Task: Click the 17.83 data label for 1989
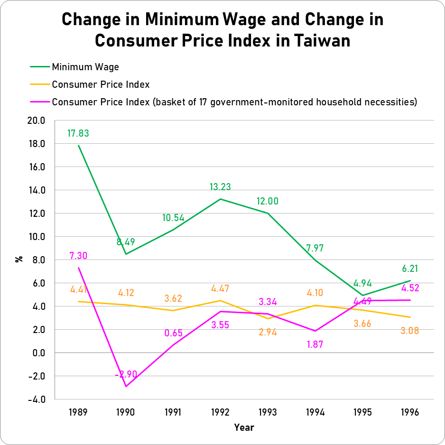[78, 134]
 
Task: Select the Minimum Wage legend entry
[85, 66]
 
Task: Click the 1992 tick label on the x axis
[220, 412]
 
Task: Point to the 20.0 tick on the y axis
[36, 121]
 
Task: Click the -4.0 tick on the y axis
[36, 399]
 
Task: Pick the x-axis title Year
[244, 427]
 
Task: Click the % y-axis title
[19, 259]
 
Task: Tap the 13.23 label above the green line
[220, 187]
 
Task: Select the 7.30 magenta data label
[78, 256]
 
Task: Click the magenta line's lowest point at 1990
[126, 386]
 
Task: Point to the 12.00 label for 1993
[268, 201]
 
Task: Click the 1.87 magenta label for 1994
[315, 344]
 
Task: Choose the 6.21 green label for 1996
[410, 269]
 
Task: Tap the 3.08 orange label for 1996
[410, 331]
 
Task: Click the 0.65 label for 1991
[173, 333]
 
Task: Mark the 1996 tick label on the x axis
[410, 412]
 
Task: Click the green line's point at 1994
[315, 260]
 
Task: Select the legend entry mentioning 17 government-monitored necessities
[234, 102]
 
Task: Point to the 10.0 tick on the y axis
[36, 237]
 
